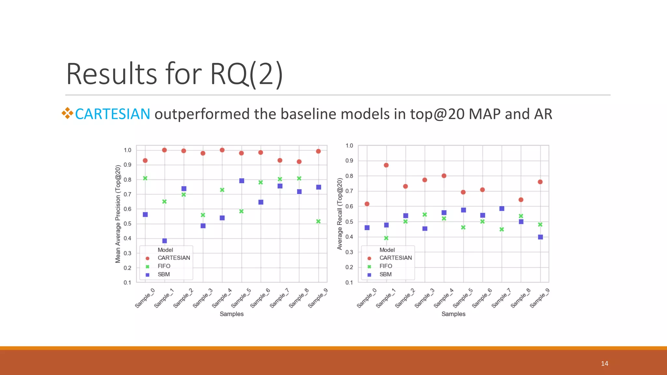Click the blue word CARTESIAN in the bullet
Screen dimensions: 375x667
(x=112, y=114)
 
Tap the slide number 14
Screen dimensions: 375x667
(x=604, y=364)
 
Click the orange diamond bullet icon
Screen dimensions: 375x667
(x=67, y=113)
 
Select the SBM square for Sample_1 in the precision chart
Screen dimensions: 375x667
(x=164, y=241)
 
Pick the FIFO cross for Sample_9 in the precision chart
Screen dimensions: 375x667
(x=319, y=221)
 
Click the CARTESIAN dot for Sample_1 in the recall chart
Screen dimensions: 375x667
(x=386, y=165)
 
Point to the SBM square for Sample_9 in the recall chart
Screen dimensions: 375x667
(x=540, y=237)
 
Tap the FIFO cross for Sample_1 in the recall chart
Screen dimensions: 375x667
(x=386, y=238)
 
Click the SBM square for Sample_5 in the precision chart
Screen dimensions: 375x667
(x=242, y=181)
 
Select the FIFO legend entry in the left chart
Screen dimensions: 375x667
(x=164, y=266)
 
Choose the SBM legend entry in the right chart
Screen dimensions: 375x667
(x=385, y=274)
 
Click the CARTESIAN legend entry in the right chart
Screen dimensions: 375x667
(x=395, y=258)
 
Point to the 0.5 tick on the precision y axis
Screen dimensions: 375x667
(x=128, y=224)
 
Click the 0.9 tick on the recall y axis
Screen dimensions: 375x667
(x=349, y=160)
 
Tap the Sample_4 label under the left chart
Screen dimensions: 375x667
(x=222, y=298)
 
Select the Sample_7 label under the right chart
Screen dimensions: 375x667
(x=501, y=298)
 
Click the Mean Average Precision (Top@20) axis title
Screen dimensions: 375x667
(x=118, y=214)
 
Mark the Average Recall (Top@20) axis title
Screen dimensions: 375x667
(x=340, y=214)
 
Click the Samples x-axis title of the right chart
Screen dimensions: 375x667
(x=453, y=314)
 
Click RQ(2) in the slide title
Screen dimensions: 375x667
(x=246, y=74)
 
